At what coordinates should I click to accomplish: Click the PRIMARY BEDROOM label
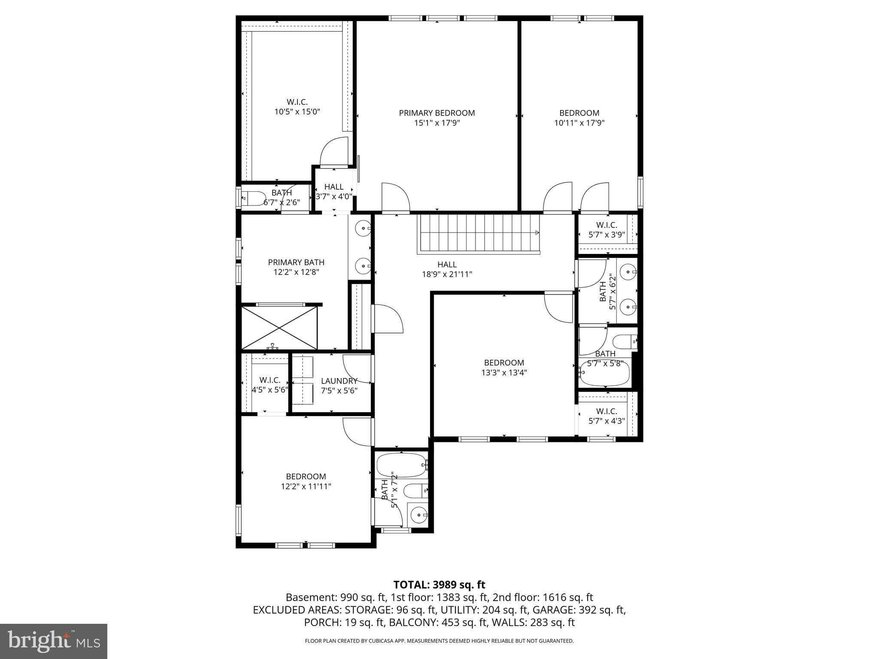coord(437,113)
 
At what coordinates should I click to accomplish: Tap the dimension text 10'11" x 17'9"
coord(579,123)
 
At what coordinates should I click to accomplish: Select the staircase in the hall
coord(479,234)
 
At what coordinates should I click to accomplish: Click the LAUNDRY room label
coord(339,381)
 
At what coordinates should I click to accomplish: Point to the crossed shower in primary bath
coord(279,328)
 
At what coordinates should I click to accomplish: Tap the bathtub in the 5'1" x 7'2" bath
coord(401,465)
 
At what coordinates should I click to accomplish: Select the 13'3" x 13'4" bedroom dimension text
coord(504,373)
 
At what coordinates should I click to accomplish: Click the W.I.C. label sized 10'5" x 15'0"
coord(297,102)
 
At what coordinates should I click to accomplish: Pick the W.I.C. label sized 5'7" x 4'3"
coord(606,411)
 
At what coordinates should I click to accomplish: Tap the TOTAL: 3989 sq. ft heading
coord(439,585)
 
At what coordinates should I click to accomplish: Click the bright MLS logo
coord(54,641)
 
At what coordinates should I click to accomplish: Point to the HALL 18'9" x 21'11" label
coord(447,265)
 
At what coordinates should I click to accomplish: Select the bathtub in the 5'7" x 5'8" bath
coord(604,373)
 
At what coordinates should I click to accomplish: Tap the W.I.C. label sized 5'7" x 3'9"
coord(606,225)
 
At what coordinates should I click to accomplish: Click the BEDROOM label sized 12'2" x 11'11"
coord(306,477)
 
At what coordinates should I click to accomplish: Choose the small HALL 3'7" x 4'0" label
coord(334,187)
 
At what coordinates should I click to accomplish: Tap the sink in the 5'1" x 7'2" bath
coord(418,514)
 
